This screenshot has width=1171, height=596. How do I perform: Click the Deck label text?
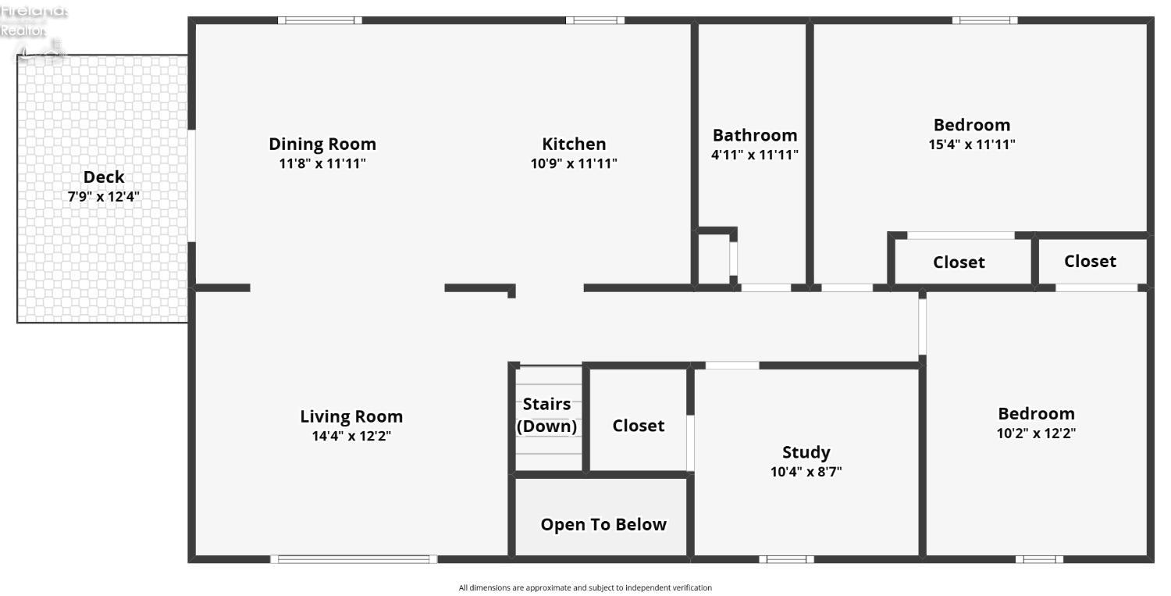coord(104,177)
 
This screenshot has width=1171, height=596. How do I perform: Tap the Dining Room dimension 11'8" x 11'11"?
coord(322,163)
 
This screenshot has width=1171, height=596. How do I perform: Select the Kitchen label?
coord(574,144)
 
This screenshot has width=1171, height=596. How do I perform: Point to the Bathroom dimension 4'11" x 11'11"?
coord(755,155)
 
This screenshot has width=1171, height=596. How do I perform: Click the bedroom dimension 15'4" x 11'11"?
coord(972,145)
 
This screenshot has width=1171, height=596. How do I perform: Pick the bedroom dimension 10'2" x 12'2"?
coord(1036,434)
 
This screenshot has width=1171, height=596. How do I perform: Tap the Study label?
coord(806,452)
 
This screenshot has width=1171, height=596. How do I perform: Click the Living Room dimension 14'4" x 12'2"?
coord(351,436)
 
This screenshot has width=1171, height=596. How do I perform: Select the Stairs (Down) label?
coord(546,415)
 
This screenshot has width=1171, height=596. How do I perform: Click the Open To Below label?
coord(603,524)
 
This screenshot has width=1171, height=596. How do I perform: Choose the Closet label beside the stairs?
coord(639,426)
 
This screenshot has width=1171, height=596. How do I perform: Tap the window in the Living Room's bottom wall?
coord(354,559)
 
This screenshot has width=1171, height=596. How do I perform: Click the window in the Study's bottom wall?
coord(787,559)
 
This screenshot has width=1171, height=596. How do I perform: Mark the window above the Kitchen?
coord(595,20)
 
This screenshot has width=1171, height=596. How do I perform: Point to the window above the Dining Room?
coord(320,20)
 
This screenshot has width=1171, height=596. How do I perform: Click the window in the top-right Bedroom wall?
coord(985,20)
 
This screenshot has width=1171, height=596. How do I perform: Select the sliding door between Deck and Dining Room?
coord(192,186)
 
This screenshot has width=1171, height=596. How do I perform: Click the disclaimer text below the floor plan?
coord(585,587)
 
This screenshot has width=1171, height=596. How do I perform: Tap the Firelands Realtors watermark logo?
coord(34,31)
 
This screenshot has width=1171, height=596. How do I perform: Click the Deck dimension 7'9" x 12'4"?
coord(104,197)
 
